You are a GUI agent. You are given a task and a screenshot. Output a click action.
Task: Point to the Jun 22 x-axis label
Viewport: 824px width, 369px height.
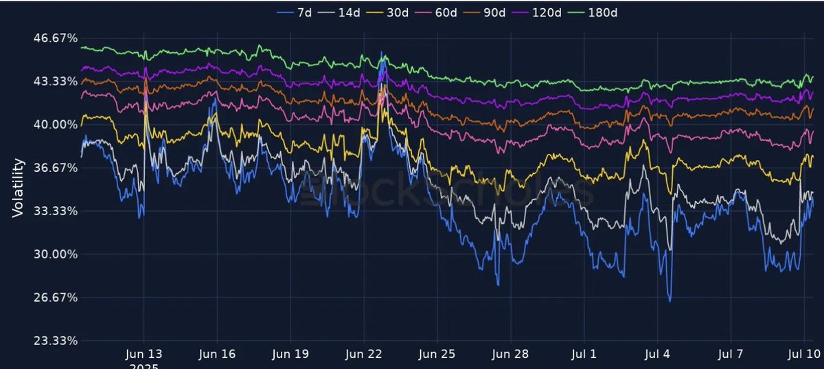tap(364, 355)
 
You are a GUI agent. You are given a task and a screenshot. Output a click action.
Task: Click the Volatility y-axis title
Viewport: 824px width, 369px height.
tap(19, 188)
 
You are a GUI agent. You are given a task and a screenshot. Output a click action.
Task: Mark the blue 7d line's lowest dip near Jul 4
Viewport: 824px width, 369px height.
tap(669, 300)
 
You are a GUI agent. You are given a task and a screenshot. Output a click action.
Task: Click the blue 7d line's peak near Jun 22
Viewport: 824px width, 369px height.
tap(381, 52)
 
